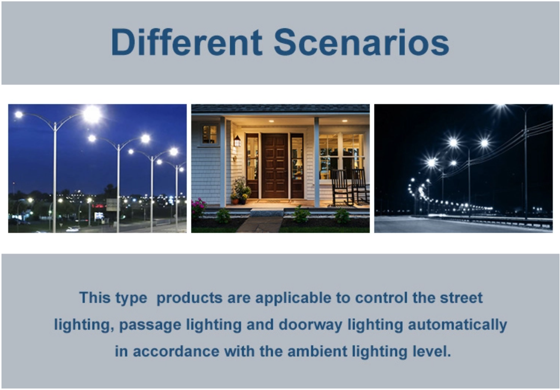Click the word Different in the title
(187, 42)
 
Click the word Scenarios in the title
(362, 42)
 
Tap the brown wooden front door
(275, 166)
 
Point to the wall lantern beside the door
(237, 141)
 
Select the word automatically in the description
(457, 325)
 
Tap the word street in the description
(461, 298)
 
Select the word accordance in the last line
(176, 351)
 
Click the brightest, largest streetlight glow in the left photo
(92, 115)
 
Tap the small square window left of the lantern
(209, 134)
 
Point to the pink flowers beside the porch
(198, 206)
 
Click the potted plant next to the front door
(241, 192)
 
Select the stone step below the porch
(267, 212)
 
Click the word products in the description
(189, 298)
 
